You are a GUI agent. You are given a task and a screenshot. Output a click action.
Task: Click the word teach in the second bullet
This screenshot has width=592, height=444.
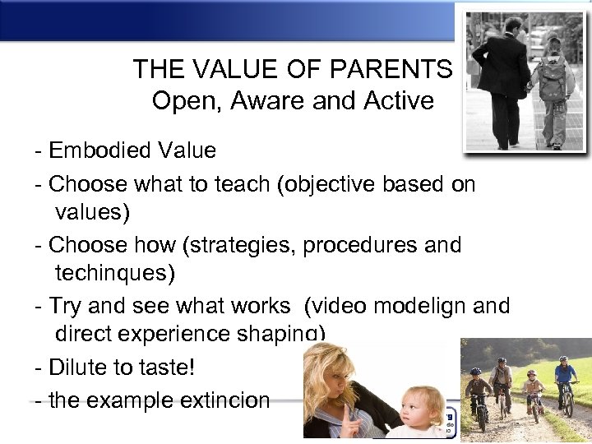(x=244, y=184)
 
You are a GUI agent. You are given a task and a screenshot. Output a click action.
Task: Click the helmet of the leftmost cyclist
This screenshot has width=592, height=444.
(x=475, y=372)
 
